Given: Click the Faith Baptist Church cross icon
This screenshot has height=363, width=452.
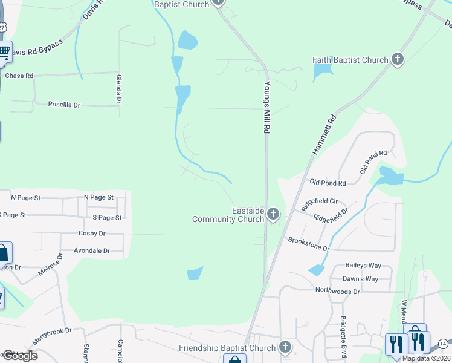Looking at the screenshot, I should [x=397, y=59].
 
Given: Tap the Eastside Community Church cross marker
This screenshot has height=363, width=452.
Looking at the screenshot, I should [x=273, y=214].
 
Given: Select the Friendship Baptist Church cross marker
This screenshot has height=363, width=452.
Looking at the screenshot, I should [x=285, y=347].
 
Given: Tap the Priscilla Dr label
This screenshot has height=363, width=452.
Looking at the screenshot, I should [x=64, y=105].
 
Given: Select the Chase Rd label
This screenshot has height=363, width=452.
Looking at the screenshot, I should [x=19, y=76].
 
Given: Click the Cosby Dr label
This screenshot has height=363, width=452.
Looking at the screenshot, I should [x=92, y=233].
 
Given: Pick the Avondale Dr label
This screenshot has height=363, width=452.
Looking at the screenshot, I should [x=91, y=250].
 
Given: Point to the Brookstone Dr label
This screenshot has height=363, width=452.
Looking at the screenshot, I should [x=308, y=244].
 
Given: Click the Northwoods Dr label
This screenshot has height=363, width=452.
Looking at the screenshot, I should [x=337, y=291].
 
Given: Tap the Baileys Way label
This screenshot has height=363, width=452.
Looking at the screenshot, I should [x=363, y=266].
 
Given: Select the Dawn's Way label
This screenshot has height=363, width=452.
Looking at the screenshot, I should [x=360, y=279].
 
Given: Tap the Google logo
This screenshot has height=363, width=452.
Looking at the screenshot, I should [x=19, y=356].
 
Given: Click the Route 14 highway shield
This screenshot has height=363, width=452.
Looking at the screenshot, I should [x=443, y=344].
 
